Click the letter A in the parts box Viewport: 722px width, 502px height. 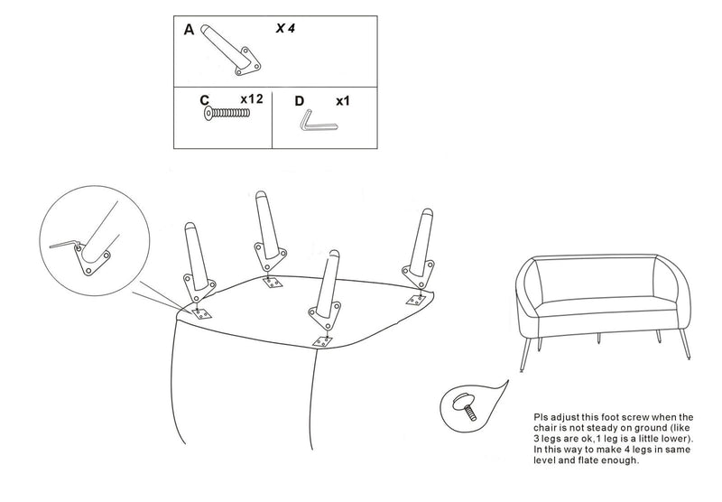point(189,30)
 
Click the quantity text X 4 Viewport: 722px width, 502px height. point(285,29)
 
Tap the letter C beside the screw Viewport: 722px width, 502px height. point(205,100)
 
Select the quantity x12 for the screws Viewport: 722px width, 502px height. point(251,98)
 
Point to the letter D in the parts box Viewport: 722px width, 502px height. point(300,101)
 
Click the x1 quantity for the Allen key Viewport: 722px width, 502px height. point(342,101)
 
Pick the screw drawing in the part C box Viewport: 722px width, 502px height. point(227,114)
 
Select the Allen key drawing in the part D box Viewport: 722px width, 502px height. point(315,121)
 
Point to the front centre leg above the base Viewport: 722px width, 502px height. point(326,289)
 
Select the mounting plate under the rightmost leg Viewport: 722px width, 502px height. point(416,299)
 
